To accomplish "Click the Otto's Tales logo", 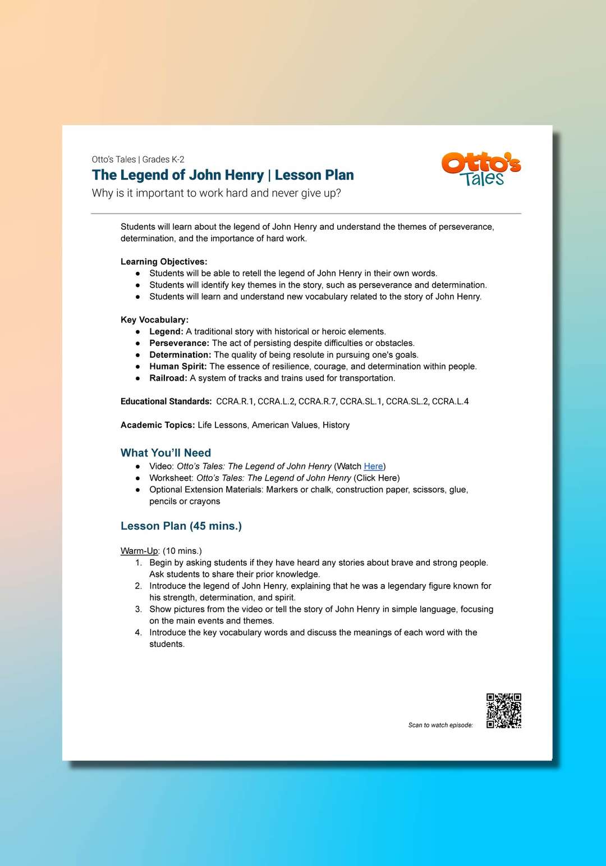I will [x=481, y=168].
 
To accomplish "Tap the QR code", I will [x=503, y=710].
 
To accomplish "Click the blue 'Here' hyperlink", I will [x=373, y=466].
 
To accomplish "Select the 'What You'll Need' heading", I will [x=166, y=453].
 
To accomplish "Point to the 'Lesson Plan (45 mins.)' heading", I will [x=181, y=526].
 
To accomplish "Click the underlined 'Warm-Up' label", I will [x=140, y=550].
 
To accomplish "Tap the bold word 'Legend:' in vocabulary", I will [x=166, y=331].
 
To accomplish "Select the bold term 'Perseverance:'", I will [x=179, y=343].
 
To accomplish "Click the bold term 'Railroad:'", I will [x=168, y=378].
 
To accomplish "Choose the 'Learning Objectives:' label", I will [x=164, y=262].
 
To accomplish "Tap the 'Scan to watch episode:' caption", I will [x=440, y=725].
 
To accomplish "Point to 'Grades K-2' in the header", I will [x=163, y=159].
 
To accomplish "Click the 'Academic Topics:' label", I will [x=158, y=425].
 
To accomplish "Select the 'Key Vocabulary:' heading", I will [x=154, y=320].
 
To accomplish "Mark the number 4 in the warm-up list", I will [x=138, y=632].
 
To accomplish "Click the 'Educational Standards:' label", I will [x=166, y=402].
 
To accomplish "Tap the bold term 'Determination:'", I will [x=180, y=355].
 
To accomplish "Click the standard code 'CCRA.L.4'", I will [x=450, y=402].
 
